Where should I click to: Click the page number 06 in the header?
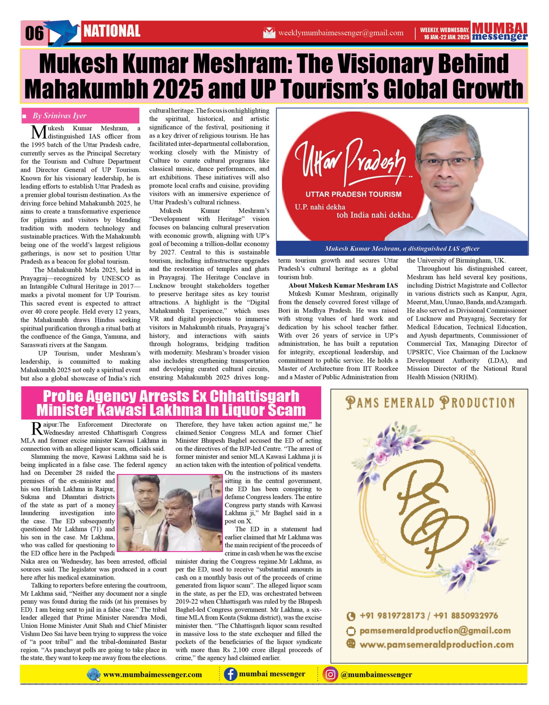click(34, 33)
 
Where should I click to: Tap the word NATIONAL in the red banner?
click(112, 31)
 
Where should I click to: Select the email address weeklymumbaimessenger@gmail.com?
click(341, 33)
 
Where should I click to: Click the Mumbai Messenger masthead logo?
click(499, 32)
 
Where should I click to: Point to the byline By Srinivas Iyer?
click(59, 116)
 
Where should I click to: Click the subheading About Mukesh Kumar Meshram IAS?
click(343, 285)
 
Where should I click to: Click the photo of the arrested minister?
click(170, 512)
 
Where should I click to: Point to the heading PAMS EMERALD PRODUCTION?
click(430, 403)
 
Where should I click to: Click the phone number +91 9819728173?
click(392, 615)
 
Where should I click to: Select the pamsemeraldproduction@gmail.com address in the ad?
click(435, 630)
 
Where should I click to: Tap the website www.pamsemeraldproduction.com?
click(436, 645)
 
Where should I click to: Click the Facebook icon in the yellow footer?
click(230, 675)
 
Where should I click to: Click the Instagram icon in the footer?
click(330, 675)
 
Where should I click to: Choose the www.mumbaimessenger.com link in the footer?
click(152, 675)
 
